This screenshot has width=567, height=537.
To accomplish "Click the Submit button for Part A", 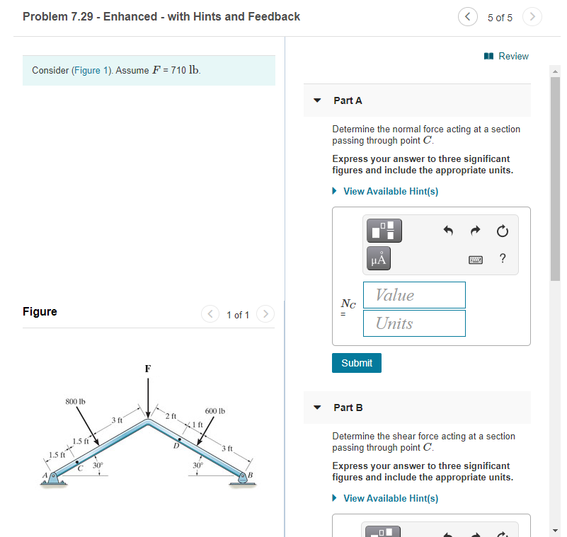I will click(x=356, y=363).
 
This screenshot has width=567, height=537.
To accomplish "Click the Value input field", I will click(x=414, y=295).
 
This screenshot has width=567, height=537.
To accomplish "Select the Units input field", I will click(x=414, y=323).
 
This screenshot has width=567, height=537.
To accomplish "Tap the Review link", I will click(x=507, y=56).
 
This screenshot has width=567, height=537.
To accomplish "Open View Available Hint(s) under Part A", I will click(x=390, y=191).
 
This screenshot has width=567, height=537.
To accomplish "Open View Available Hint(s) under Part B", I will click(x=390, y=498).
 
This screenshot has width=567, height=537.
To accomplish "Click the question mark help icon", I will click(x=503, y=258).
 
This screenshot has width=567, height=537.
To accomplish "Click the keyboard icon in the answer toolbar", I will click(x=476, y=259).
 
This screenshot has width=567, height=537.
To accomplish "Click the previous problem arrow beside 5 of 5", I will click(x=467, y=17).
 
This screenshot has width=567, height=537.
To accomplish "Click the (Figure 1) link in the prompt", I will click(x=91, y=71).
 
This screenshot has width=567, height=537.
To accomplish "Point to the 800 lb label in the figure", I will click(x=75, y=402).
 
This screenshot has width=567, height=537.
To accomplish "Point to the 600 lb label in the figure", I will click(x=215, y=411).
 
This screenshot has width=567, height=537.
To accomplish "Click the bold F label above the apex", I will click(x=147, y=369).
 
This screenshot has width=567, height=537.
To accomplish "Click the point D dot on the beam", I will click(x=180, y=439).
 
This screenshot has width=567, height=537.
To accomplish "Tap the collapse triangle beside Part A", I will click(x=318, y=100).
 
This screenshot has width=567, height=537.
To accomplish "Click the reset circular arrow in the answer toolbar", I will click(x=502, y=231).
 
